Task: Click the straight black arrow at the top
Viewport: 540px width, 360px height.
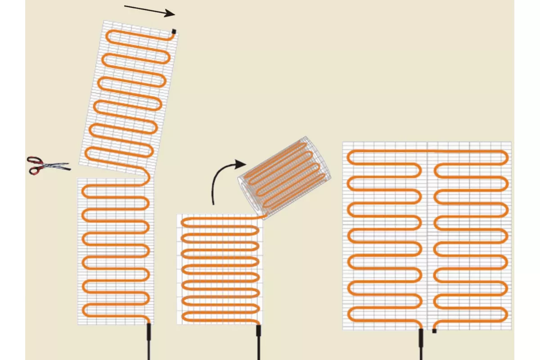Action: click(x=148, y=10)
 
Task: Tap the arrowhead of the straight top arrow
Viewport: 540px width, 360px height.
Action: click(x=170, y=13)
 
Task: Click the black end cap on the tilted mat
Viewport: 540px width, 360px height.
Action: click(x=174, y=31)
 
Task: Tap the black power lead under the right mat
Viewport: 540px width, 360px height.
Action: click(x=421, y=342)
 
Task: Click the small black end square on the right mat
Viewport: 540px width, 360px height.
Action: click(x=434, y=331)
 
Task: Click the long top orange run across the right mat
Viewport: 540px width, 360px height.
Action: click(x=427, y=151)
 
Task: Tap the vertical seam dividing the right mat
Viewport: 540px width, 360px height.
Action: click(x=427, y=234)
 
